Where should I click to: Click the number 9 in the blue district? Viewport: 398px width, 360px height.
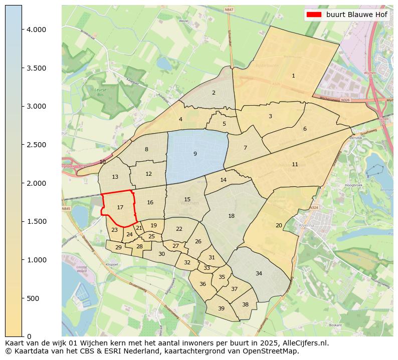(x=195, y=154)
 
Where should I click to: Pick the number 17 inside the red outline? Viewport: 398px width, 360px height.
(x=120, y=207)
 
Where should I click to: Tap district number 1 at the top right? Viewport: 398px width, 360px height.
(x=293, y=76)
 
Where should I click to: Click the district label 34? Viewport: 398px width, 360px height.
(x=259, y=273)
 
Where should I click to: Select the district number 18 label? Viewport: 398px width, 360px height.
(x=231, y=216)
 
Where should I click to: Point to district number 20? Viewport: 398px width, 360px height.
(x=279, y=225)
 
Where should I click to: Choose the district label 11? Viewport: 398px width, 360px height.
(x=295, y=164)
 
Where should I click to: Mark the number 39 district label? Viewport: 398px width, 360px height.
(x=221, y=308)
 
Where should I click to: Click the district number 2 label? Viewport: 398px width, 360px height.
(x=214, y=93)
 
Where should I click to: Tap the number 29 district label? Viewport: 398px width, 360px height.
(x=118, y=247)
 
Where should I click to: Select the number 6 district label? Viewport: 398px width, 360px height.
(x=304, y=129)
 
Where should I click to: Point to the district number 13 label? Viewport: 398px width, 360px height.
(x=115, y=177)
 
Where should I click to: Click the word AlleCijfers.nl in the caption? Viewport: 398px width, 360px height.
(x=303, y=343)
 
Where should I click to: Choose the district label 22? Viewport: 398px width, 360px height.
(x=179, y=229)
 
